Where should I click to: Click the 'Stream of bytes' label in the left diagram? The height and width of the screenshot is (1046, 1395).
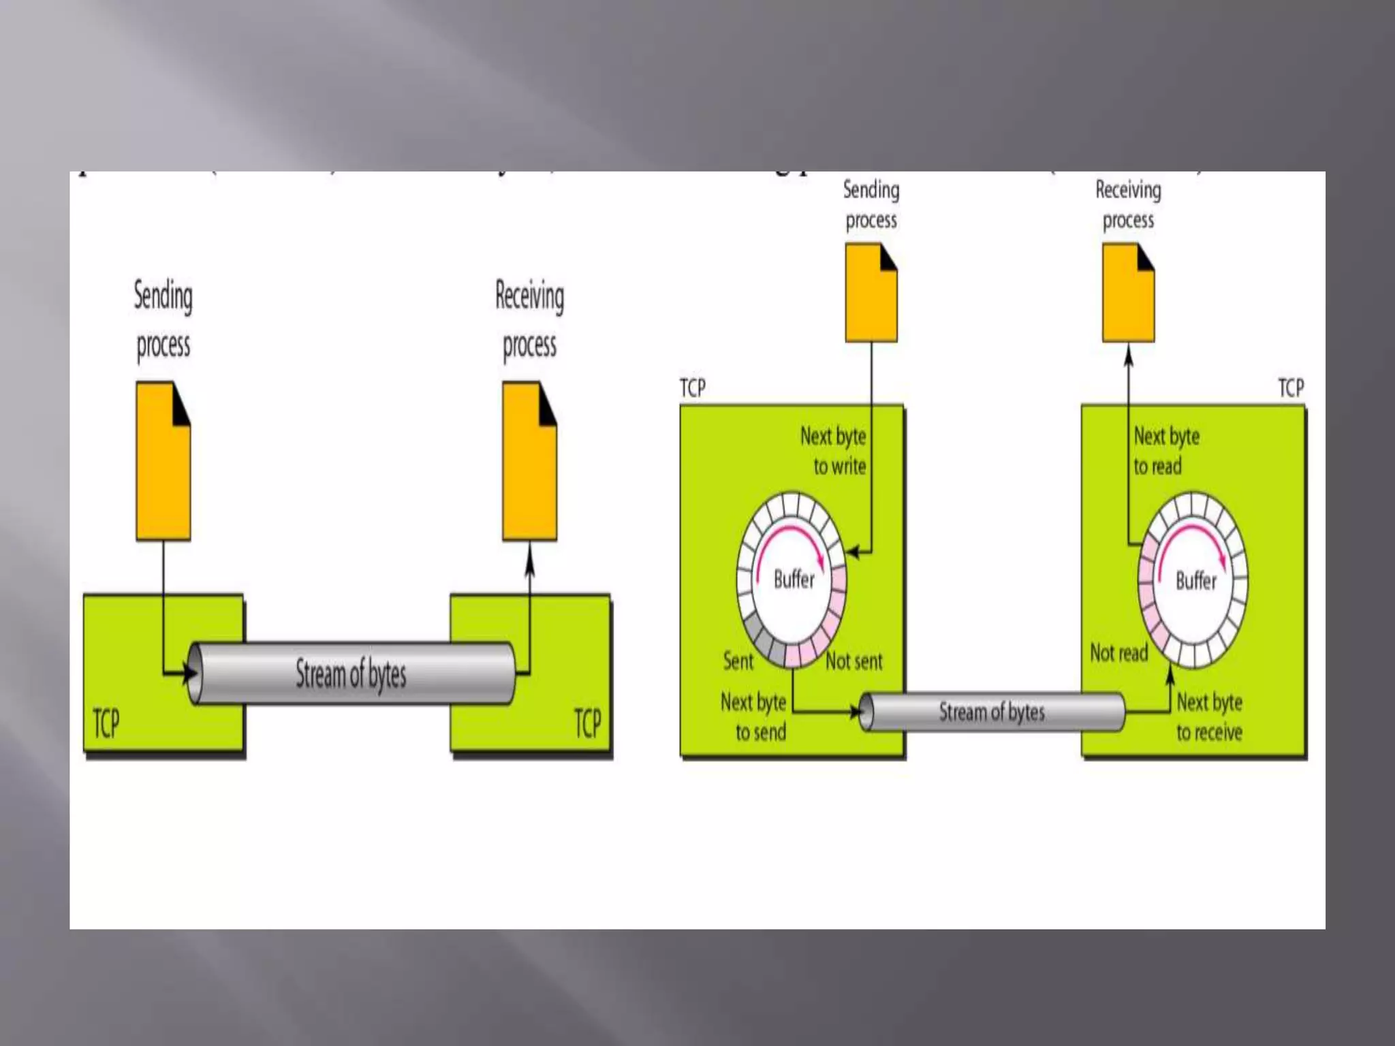(351, 674)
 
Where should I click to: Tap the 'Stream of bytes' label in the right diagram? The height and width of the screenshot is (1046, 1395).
(992, 712)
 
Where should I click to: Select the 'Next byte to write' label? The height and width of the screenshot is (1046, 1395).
(834, 451)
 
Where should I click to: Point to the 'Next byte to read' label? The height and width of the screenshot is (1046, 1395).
(1165, 451)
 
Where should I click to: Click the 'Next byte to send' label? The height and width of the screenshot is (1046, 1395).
(754, 717)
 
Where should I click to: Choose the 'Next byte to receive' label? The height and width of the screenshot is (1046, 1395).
(1210, 717)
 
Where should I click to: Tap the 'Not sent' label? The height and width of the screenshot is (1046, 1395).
(854, 661)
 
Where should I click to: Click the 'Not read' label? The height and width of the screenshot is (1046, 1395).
(1118, 653)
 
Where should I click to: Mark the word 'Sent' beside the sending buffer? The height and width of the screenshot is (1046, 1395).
(738, 661)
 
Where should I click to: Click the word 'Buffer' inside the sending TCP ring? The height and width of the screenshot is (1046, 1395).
(794, 580)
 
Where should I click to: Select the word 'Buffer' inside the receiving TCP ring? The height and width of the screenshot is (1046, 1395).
(1196, 581)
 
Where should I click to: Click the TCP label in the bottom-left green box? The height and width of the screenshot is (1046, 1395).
(106, 723)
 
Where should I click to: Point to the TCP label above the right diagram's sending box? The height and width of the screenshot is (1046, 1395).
(693, 388)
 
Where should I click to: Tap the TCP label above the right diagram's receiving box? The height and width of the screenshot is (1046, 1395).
(1291, 388)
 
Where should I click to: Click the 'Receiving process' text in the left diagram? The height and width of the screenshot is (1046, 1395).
(529, 320)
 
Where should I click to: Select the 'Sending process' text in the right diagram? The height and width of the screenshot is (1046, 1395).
(871, 204)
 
